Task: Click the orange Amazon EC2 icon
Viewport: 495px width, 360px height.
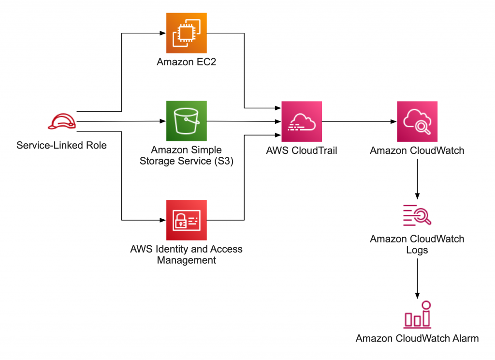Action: [186, 33]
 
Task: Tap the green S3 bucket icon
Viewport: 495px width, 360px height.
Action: [186, 121]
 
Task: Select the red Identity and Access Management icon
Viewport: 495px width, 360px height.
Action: [186, 220]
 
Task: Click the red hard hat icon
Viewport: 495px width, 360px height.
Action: [62, 121]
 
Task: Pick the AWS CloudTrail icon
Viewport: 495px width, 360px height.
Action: [302, 121]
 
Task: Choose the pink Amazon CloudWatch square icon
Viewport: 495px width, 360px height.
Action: [417, 121]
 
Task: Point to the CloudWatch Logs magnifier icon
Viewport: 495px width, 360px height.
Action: [417, 215]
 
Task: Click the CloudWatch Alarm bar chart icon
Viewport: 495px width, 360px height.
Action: [417, 315]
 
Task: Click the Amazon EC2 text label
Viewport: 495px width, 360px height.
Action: [186, 62]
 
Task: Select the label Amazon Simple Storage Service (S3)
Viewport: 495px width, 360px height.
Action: [186, 155]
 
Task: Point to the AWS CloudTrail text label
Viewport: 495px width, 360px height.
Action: [302, 150]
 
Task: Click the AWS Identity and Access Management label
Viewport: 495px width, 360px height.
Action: [186, 255]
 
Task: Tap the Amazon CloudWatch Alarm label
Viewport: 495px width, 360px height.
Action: [417, 338]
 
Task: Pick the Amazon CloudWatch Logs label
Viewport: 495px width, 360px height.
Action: [417, 244]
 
